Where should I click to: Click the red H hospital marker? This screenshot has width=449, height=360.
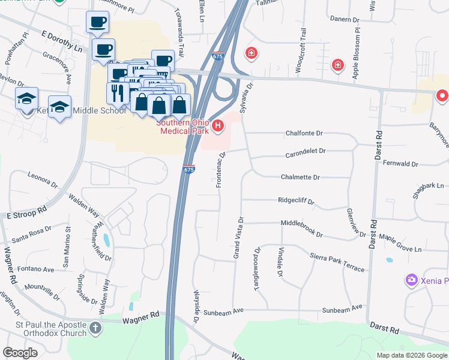(x=218, y=126)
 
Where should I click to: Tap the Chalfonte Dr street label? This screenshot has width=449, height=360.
(x=304, y=133)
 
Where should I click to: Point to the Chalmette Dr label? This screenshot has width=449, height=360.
(x=300, y=178)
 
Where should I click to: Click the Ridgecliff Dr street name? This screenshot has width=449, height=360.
(x=297, y=201)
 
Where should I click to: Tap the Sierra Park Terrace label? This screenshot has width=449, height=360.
(x=337, y=262)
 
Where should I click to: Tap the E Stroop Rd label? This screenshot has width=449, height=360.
(x=26, y=212)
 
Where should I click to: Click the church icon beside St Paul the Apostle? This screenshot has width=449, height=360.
(x=95, y=328)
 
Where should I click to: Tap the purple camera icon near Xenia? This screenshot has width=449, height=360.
(x=411, y=280)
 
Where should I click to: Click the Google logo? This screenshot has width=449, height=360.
(x=20, y=353)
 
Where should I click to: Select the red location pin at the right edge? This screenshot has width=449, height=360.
(x=442, y=95)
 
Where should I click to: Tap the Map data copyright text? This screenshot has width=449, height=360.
(x=411, y=355)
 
